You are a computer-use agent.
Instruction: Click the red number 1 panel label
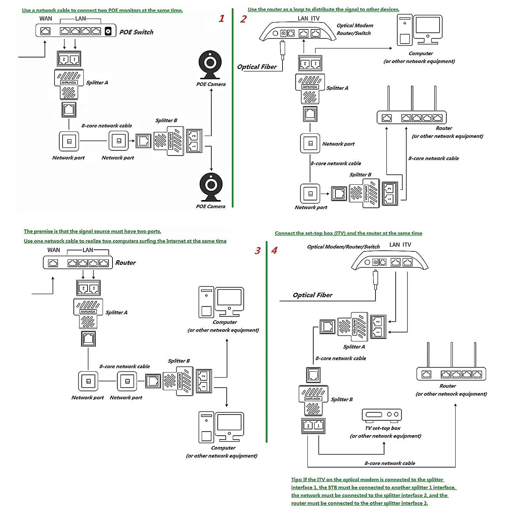pyautogui.click(x=222, y=18)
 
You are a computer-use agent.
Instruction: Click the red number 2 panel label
pyautogui.click(x=243, y=19)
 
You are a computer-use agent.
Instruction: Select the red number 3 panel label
pyautogui.click(x=258, y=251)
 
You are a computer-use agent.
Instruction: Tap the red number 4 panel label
pyautogui.click(x=274, y=250)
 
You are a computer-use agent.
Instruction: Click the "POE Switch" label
pyautogui.click(x=136, y=32)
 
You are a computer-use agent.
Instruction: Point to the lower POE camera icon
pyautogui.click(x=211, y=187)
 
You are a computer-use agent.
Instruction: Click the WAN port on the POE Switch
pyautogui.click(x=45, y=31)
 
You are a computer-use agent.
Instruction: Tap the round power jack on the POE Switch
pyautogui.click(x=108, y=31)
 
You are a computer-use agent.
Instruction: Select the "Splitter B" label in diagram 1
pyautogui.click(x=166, y=120)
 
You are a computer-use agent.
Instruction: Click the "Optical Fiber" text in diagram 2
pyautogui.click(x=257, y=67)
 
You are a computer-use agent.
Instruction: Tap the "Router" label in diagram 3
pyautogui.click(x=125, y=263)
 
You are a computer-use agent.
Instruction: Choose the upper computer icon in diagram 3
pyautogui.click(x=221, y=302)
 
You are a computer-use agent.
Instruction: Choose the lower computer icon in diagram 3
pyautogui.click(x=221, y=428)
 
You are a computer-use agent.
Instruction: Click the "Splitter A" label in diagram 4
pyautogui.click(x=354, y=347)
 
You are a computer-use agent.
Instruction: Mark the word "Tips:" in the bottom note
pyautogui.click(x=297, y=479)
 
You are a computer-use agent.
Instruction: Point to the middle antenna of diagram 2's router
pyautogui.click(x=412, y=98)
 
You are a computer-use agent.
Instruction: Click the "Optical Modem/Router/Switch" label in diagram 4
pyautogui.click(x=343, y=247)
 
